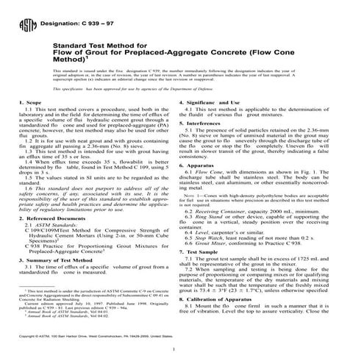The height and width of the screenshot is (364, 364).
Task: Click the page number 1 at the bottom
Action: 182,346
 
